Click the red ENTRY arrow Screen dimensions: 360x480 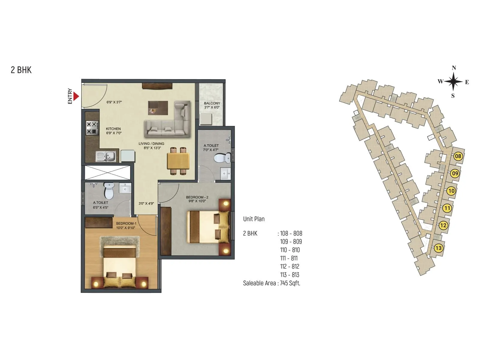click(76, 96)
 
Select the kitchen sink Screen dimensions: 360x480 click(106, 156)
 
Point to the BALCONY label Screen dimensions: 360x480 click(212, 103)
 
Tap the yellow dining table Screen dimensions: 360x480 click(178, 161)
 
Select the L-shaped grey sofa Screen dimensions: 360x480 click(168, 120)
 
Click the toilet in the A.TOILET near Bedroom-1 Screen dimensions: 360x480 click(109, 191)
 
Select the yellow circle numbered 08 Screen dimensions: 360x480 click(458, 156)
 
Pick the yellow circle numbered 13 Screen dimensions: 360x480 click(439, 248)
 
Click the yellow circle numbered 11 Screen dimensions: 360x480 click(447, 208)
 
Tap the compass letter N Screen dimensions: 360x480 click(454, 68)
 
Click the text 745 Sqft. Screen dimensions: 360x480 click(290, 283)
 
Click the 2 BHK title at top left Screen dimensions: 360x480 click(21, 70)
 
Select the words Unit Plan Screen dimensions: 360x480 click(254, 219)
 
